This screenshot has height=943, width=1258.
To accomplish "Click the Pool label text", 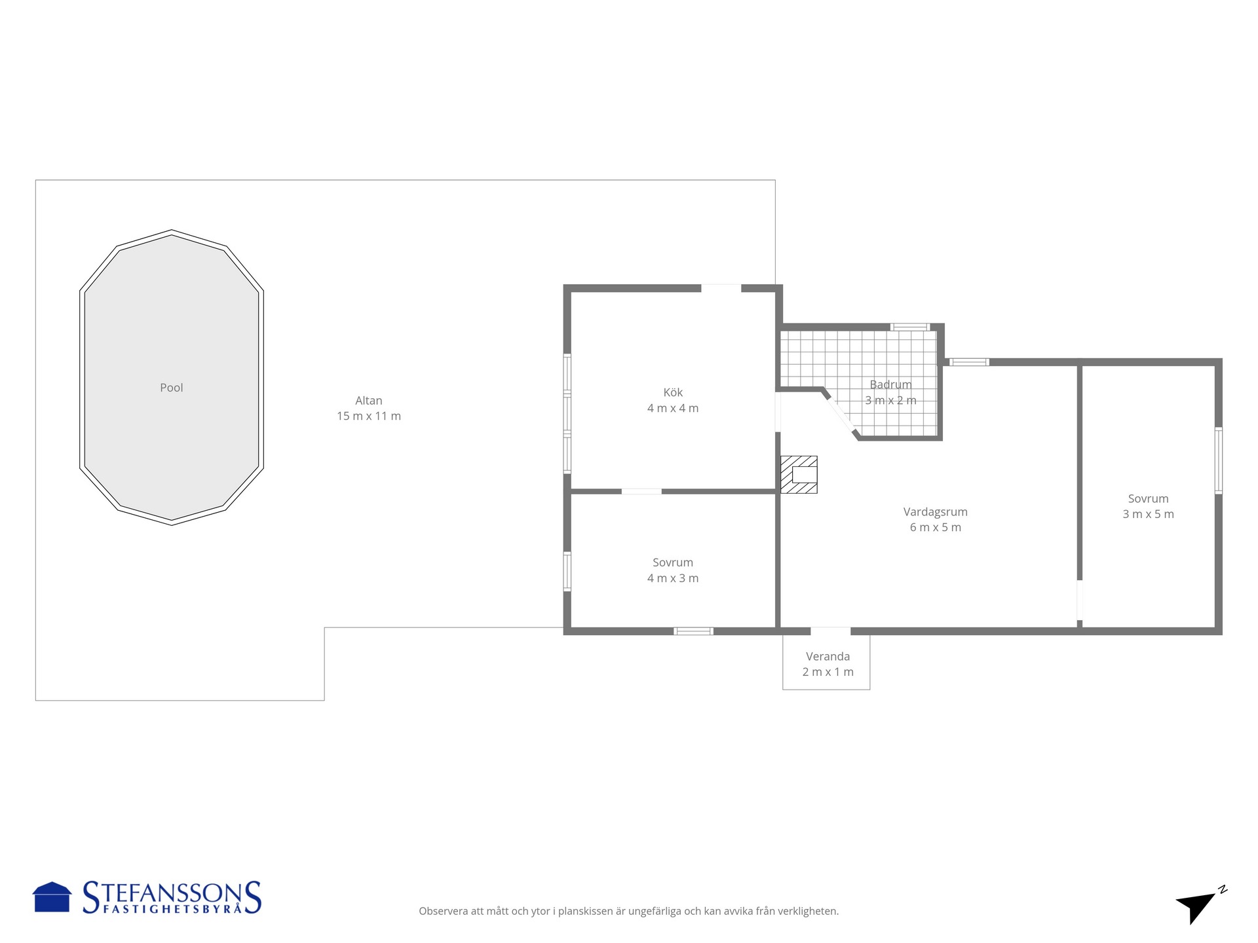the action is click(172, 388).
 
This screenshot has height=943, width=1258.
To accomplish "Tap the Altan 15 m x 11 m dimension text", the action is click(369, 416).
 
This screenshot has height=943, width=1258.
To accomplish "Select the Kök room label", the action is click(673, 392).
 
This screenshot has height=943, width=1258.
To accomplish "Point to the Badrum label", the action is click(890, 384).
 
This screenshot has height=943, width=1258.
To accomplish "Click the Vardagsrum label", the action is click(936, 512).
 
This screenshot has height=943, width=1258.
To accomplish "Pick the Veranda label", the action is click(828, 656).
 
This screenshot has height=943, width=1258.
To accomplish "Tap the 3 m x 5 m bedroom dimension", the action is click(1149, 514).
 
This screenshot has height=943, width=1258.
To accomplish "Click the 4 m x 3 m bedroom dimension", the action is click(673, 578).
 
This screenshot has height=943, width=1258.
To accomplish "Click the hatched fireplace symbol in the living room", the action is click(799, 474).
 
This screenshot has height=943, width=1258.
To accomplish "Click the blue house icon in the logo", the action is click(52, 897).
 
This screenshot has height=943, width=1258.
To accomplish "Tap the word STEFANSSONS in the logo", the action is click(172, 893).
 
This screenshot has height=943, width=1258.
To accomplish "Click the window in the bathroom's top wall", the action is click(909, 327).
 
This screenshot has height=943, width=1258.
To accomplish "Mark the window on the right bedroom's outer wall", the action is click(1219, 460).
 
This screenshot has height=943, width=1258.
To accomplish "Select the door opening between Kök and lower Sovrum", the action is click(641, 491).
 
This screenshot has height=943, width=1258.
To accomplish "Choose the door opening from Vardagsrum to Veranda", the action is click(831, 631).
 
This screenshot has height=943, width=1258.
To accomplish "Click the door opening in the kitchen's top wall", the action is click(721, 288).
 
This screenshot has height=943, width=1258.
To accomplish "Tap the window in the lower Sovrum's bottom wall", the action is click(694, 631).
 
